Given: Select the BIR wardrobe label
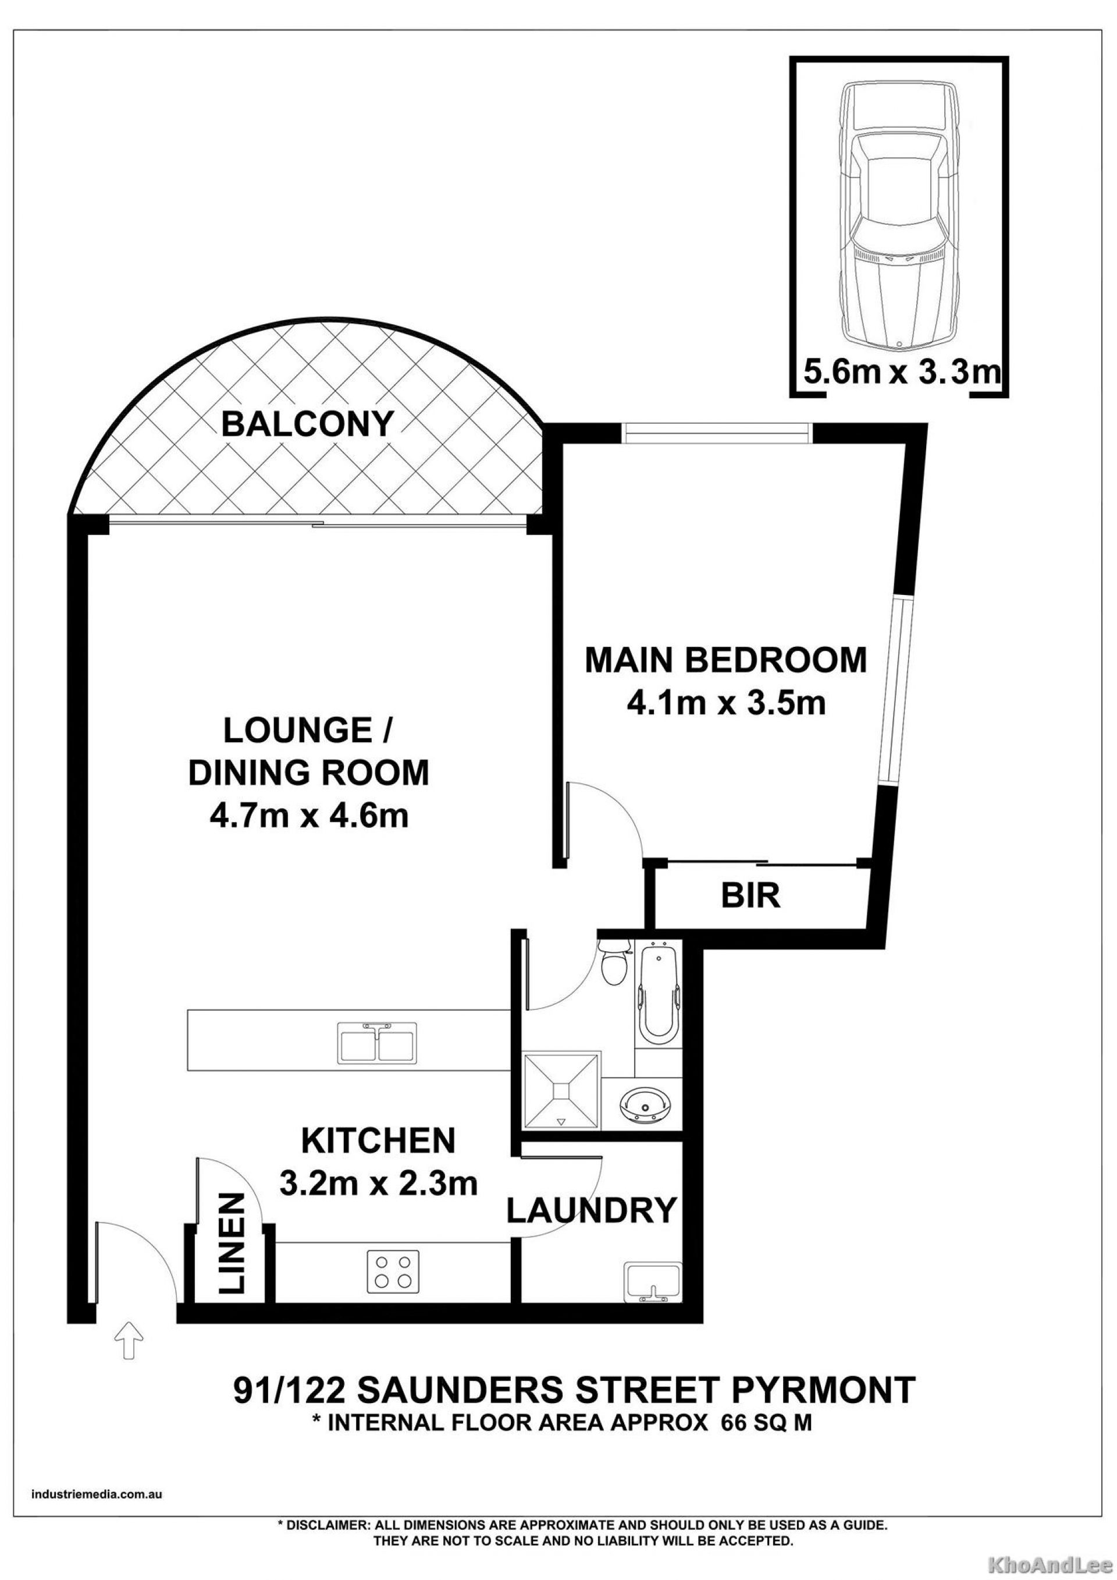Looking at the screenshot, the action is pyautogui.click(x=750, y=896).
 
